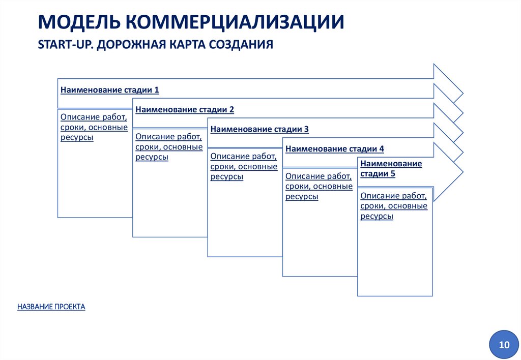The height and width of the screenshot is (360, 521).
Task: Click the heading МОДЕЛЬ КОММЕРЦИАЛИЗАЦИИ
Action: click(191, 23)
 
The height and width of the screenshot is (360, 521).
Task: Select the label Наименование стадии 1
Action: click(110, 90)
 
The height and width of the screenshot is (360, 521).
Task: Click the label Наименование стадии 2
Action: click(185, 109)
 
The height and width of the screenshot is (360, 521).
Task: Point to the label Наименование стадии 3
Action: click(259, 129)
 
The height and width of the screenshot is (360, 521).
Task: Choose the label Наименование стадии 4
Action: click(335, 149)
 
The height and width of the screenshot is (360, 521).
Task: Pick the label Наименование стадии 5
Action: click(391, 169)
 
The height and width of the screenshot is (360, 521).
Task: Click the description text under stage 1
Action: click(94, 127)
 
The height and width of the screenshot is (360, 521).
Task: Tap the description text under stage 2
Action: click(169, 147)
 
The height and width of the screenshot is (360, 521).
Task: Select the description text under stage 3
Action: click(244, 166)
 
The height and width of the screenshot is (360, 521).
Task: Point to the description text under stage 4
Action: click(319, 186)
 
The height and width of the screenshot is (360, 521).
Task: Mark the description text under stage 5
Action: click(394, 206)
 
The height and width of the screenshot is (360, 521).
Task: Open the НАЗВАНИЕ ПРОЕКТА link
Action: click(51, 307)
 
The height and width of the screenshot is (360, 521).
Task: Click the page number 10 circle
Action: click(504, 345)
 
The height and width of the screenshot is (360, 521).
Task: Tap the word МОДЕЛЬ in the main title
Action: click(78, 23)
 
